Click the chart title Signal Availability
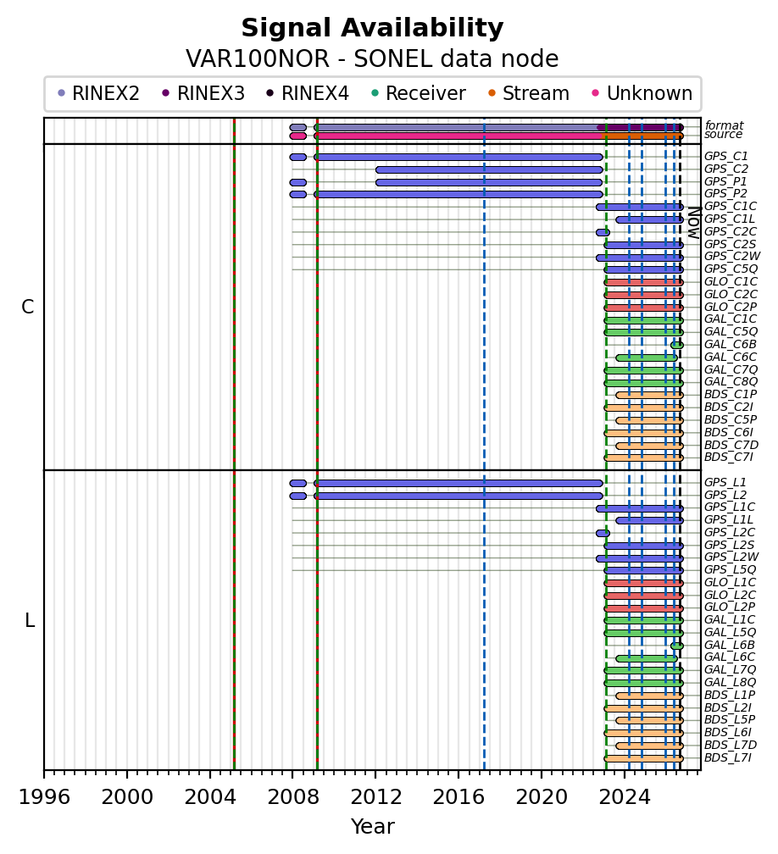tap(372, 28)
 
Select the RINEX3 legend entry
tap(203, 94)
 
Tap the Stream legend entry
tap(529, 94)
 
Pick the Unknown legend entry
tap(642, 94)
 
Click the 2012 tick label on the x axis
tap(376, 796)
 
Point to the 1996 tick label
tap(45, 796)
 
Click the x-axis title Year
tap(373, 826)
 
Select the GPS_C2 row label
tap(725, 169)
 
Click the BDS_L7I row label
tap(728, 757)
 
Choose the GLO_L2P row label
tap(730, 607)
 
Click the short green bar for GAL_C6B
tap(677, 346)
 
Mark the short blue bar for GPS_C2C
tap(603, 232)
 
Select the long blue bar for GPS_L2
tap(458, 496)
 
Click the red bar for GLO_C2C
tap(643, 295)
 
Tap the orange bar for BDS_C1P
tap(649, 396)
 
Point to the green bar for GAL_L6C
tap(647, 658)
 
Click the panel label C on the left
tap(28, 308)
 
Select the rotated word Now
tap(693, 222)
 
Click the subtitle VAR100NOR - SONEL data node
tap(372, 58)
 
